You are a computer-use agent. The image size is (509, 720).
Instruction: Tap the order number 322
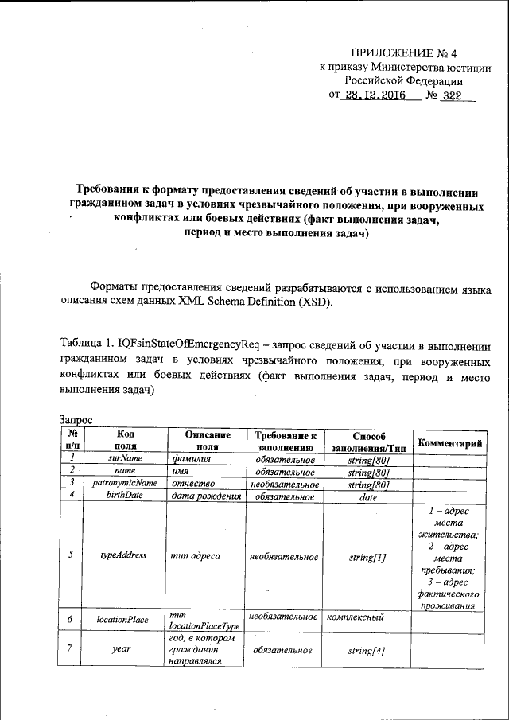pyautogui.click(x=453, y=95)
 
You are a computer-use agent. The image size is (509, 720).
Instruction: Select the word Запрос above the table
pyautogui.click(x=76, y=419)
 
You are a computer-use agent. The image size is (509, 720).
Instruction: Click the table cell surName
pyautogui.click(x=125, y=458)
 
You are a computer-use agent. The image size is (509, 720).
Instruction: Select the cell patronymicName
pyautogui.click(x=125, y=483)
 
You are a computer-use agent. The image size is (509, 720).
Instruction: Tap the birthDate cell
pyautogui.click(x=125, y=496)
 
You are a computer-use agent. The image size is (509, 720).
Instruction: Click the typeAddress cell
pyautogui.click(x=125, y=555)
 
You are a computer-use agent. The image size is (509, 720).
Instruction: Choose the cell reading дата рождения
pyautogui.click(x=205, y=496)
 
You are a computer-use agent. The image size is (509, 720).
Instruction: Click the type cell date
pyautogui.click(x=368, y=496)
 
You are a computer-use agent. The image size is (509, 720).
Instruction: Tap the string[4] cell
pyautogui.click(x=368, y=650)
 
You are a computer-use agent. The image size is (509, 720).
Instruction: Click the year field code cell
pyautogui.click(x=125, y=650)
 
